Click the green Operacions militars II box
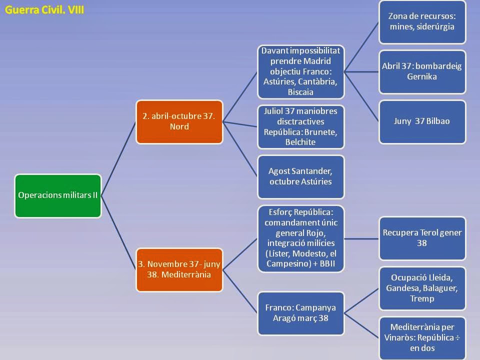[58, 195]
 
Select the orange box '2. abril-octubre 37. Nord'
[179, 121]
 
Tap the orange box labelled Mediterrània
[179, 269]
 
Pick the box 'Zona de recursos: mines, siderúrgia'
[422, 21]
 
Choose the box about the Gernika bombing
[422, 71]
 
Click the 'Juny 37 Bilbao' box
[422, 121]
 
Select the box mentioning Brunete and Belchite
[301, 126]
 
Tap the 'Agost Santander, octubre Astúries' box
[301, 176]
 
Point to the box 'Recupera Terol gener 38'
[422, 238]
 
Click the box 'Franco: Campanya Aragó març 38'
[301, 312]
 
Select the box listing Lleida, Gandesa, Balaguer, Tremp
[422, 288]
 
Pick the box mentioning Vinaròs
[422, 337]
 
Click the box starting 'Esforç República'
[301, 238]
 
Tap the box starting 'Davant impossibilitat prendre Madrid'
[301, 71]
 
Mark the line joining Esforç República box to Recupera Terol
[361, 238]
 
